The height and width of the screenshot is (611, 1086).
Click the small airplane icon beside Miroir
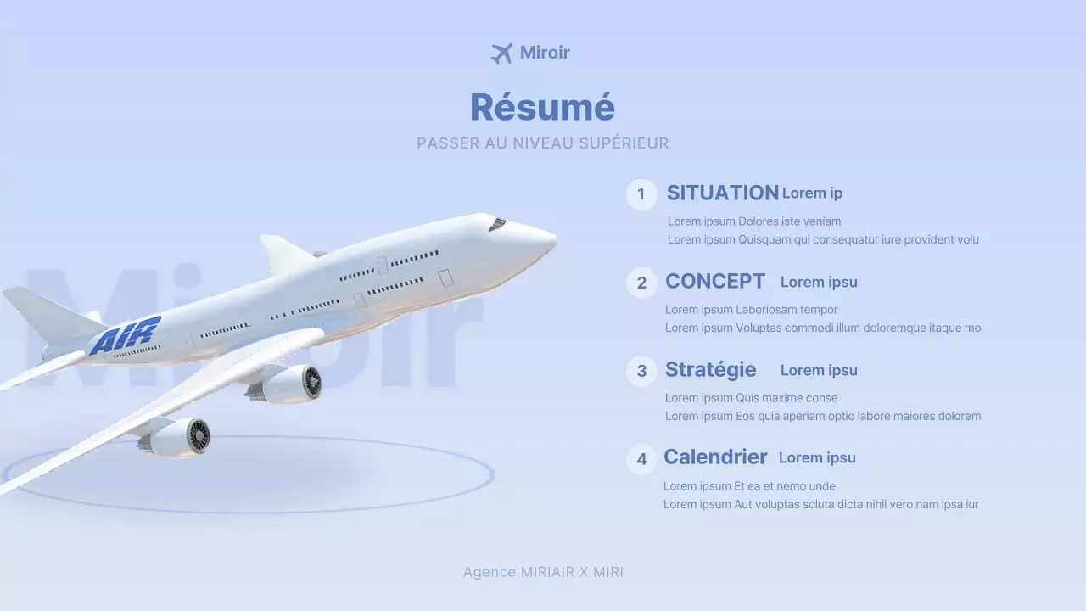(x=501, y=53)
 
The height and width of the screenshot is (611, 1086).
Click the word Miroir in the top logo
(x=545, y=53)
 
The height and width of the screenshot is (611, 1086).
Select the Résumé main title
(x=542, y=108)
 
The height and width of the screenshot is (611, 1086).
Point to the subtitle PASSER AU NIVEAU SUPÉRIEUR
(x=542, y=143)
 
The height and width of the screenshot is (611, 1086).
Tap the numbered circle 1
(x=641, y=194)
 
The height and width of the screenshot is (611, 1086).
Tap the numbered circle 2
(x=641, y=283)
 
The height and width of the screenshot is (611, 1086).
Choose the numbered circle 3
(x=641, y=371)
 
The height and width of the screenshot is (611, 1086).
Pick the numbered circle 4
(x=641, y=459)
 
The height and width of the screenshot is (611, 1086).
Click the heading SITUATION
(x=722, y=193)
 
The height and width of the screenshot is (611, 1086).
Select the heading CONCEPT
(x=715, y=281)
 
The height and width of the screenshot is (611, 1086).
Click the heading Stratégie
(x=711, y=369)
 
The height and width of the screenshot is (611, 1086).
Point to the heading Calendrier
(x=715, y=457)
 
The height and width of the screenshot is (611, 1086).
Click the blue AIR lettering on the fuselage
(x=126, y=334)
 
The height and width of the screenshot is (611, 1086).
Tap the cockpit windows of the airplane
(x=497, y=224)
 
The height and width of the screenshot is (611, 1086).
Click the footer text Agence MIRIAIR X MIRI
(x=543, y=572)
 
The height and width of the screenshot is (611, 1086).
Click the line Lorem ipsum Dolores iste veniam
(x=754, y=221)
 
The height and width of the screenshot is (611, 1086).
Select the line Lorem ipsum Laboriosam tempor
(x=751, y=310)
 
